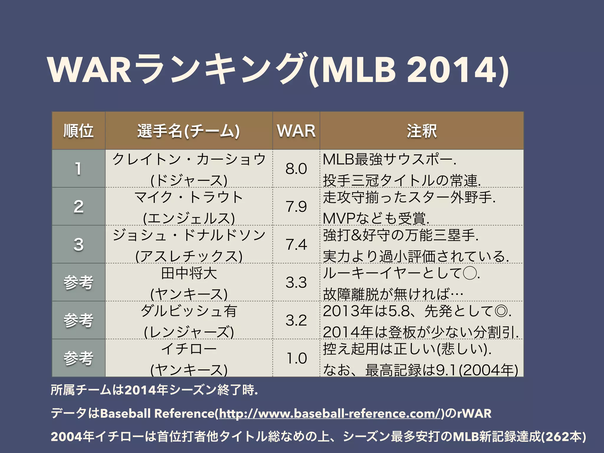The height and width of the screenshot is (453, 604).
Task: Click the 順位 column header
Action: (78, 131)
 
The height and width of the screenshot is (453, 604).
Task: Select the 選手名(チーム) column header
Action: (188, 131)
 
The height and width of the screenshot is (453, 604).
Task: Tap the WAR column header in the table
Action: (296, 131)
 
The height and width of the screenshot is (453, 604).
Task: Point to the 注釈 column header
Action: (421, 131)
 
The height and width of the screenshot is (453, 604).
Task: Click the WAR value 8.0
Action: (296, 169)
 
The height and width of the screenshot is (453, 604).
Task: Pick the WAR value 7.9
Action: (296, 206)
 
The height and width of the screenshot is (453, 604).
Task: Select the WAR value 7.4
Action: (296, 244)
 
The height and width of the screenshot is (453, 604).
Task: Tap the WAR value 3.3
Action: (296, 282)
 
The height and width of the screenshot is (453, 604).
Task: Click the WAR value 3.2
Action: (296, 320)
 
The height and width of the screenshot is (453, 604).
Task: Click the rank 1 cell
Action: (78, 169)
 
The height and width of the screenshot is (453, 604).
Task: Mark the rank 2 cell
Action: (78, 206)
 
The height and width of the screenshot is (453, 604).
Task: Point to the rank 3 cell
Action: (78, 244)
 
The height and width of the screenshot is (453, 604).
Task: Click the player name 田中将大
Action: (189, 273)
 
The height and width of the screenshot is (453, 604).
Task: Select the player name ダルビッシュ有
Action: (189, 311)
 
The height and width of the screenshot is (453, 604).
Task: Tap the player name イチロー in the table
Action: (189, 349)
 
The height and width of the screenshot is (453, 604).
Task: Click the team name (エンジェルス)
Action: (189, 218)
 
